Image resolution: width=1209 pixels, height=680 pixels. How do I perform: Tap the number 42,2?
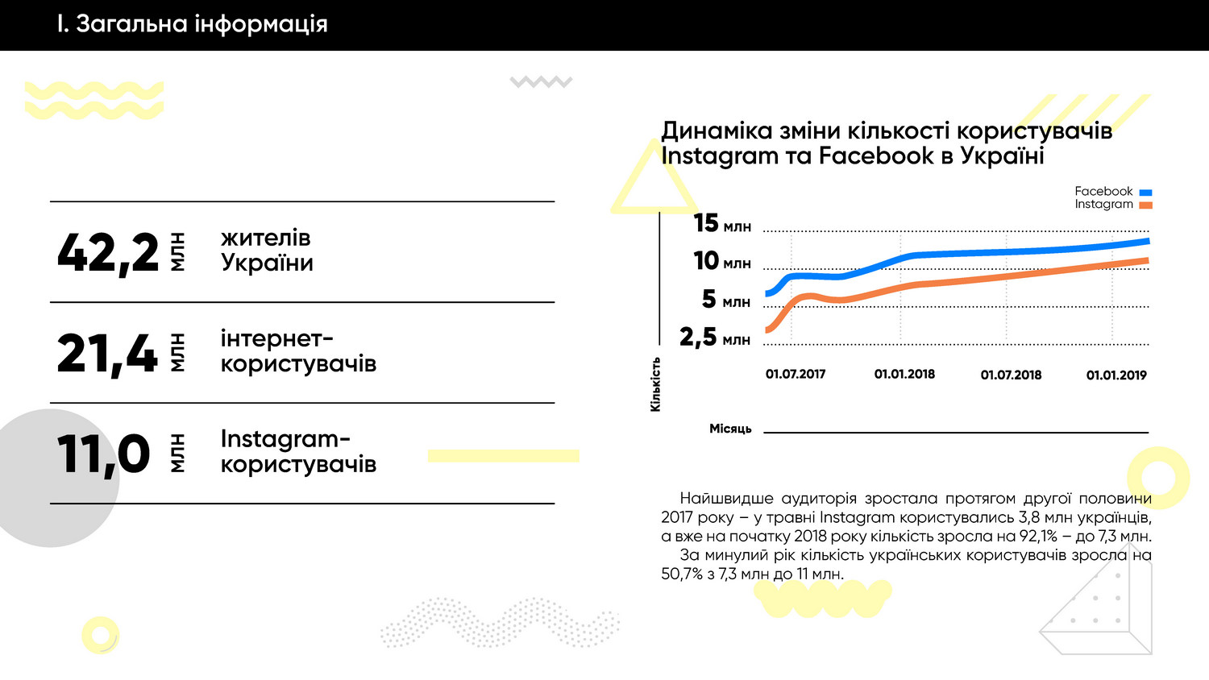[108, 253]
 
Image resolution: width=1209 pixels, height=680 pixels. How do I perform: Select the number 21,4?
[107, 354]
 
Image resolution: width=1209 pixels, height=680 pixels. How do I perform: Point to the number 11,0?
[103, 454]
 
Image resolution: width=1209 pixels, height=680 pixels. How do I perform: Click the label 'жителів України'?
[267, 251]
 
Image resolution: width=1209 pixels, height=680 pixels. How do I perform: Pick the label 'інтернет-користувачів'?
[298, 351]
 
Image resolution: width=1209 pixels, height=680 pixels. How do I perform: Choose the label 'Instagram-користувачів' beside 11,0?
[298, 451]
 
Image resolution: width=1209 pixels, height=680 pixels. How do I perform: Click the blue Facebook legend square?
[1145, 193]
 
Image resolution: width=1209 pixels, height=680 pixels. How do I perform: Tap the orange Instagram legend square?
[1145, 205]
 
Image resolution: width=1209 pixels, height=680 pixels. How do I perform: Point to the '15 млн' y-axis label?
[722, 223]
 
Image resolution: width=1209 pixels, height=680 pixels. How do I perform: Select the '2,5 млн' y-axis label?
[715, 337]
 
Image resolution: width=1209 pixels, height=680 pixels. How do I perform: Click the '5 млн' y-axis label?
[725, 300]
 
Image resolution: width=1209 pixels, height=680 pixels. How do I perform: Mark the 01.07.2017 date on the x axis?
[796, 375]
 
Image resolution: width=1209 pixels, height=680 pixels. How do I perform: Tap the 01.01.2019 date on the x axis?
[1116, 375]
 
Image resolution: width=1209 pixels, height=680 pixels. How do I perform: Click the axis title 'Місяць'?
[730, 429]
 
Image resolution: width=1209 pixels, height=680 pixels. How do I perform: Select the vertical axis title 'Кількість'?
[655, 384]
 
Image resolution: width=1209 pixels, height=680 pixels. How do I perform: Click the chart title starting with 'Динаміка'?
[886, 143]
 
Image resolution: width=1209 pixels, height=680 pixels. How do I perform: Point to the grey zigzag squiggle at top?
[541, 81]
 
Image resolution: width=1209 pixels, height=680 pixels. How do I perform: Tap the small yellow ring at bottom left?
[100, 635]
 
